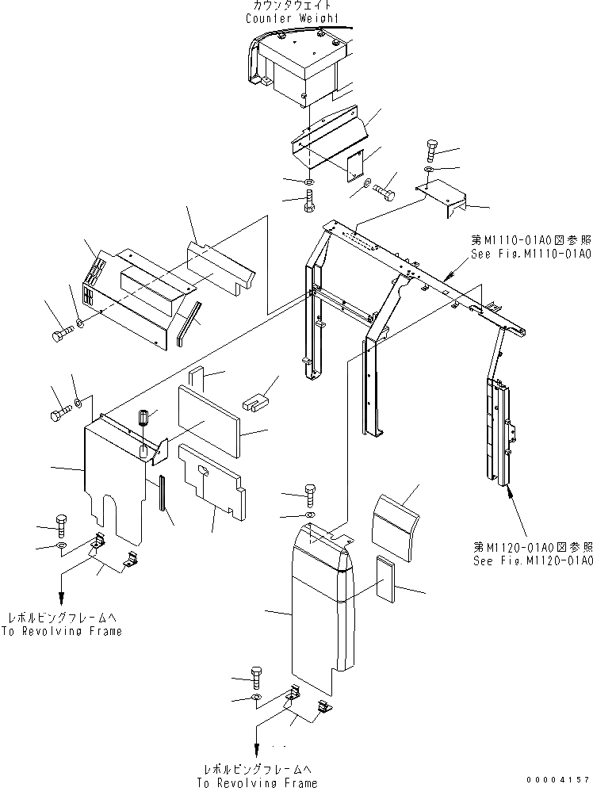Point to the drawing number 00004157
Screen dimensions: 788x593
point(558,779)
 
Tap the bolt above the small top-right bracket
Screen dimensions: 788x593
point(432,148)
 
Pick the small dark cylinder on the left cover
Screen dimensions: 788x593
point(144,417)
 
